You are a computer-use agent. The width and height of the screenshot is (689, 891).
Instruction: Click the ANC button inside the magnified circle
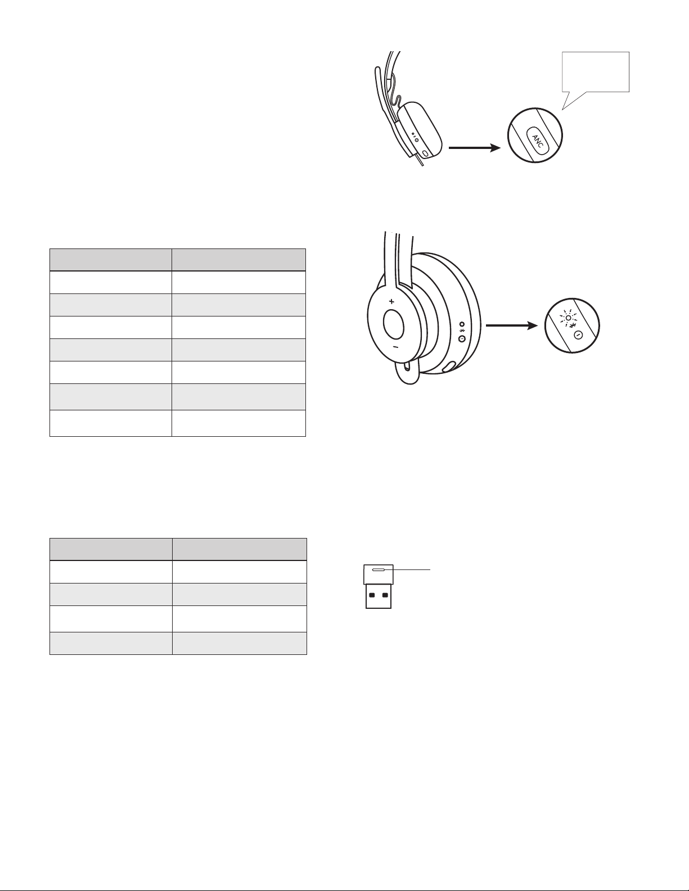pyautogui.click(x=537, y=140)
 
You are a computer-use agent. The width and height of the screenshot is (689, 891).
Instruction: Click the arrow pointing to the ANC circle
pyautogui.click(x=475, y=148)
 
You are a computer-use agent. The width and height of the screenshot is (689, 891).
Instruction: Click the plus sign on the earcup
pyautogui.click(x=391, y=301)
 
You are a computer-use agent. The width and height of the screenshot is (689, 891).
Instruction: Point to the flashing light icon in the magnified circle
pyautogui.click(x=569, y=317)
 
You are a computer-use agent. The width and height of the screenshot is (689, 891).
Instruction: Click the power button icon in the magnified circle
pyautogui.click(x=578, y=336)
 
